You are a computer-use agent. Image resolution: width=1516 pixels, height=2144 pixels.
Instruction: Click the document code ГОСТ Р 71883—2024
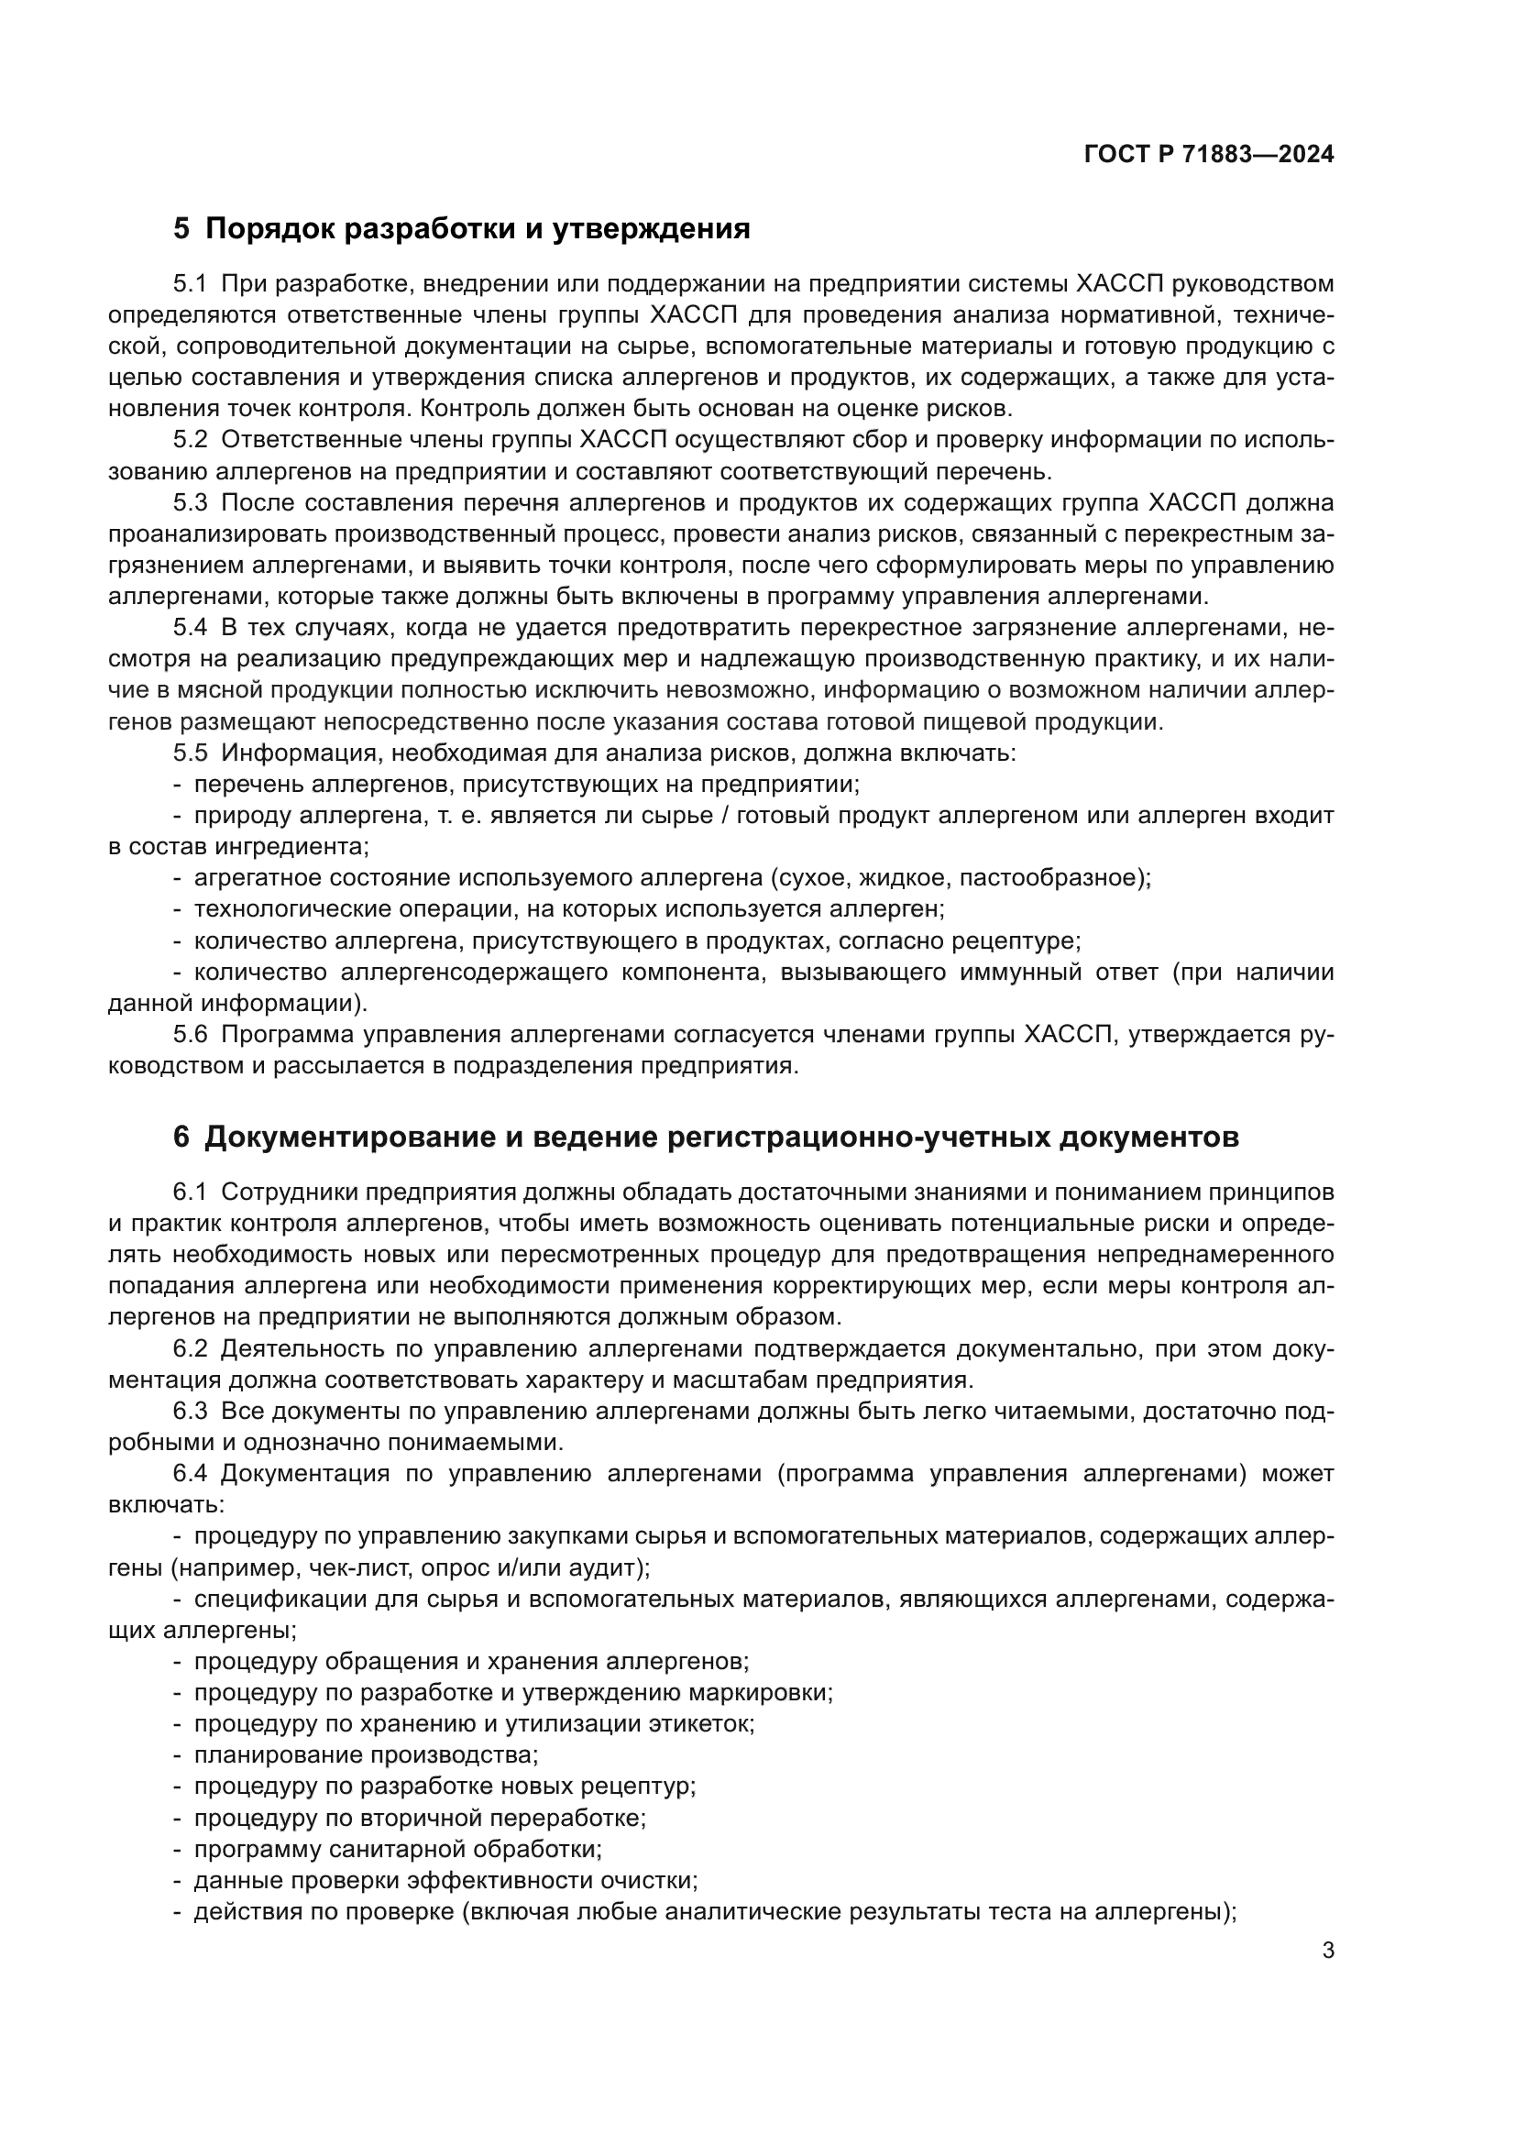pos(1209,155)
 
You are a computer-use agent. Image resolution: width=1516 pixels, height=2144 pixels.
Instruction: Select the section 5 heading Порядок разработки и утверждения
pos(462,229)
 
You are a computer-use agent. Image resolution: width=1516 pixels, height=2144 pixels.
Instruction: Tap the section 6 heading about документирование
pos(707,1138)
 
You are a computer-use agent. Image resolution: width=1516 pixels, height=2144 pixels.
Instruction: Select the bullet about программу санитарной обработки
pos(398,1849)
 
